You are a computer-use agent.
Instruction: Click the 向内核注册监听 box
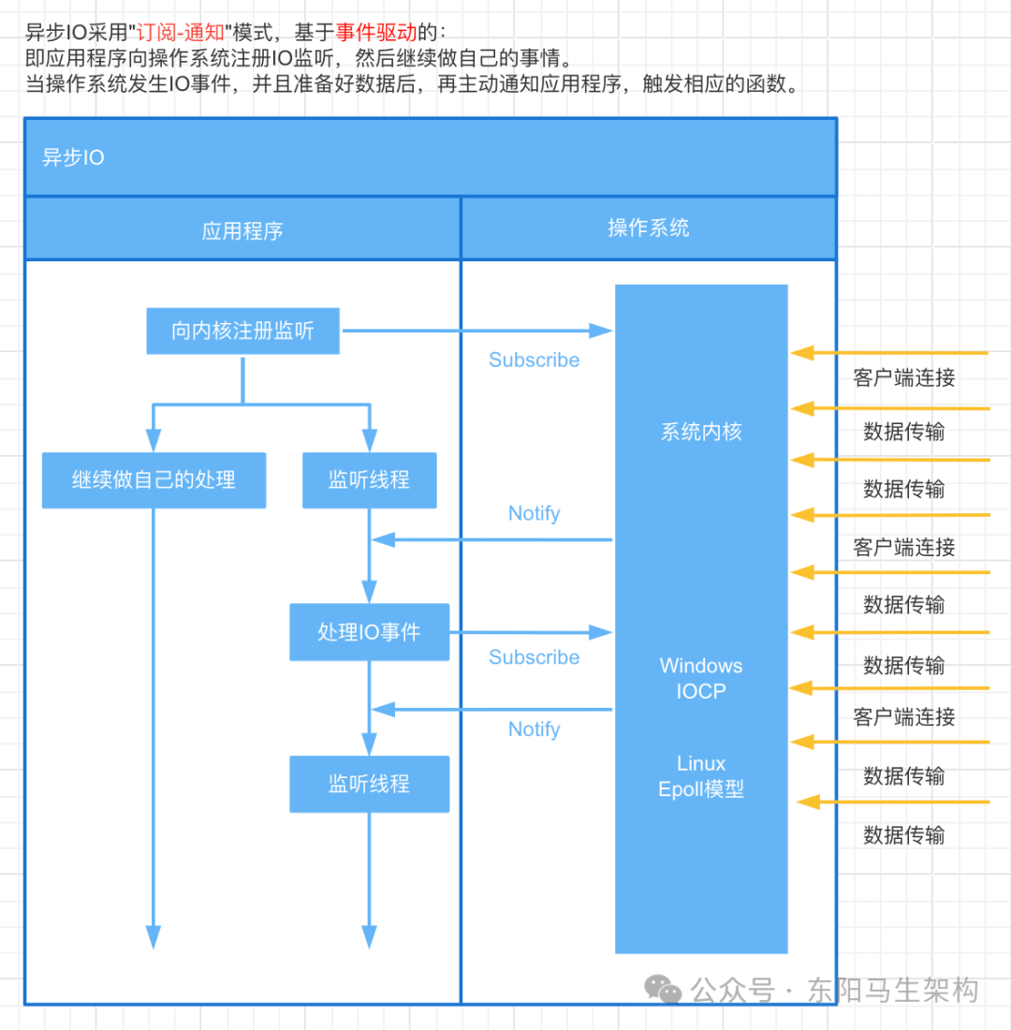click(x=242, y=331)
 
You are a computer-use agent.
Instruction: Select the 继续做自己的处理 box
click(x=154, y=480)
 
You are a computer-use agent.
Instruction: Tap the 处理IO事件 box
click(x=369, y=632)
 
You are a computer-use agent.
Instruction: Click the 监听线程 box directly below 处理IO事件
click(x=369, y=784)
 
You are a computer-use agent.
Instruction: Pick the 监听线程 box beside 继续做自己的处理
click(x=369, y=480)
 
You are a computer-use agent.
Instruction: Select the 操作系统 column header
click(x=648, y=228)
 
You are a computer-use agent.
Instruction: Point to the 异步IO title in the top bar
click(x=74, y=157)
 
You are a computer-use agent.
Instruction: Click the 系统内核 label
click(x=701, y=432)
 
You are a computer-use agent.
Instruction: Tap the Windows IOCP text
click(x=701, y=679)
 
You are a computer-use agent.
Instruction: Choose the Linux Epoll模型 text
click(x=701, y=776)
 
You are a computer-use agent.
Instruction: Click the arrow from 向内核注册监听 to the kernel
click(x=477, y=330)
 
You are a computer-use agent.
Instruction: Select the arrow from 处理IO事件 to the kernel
click(x=530, y=632)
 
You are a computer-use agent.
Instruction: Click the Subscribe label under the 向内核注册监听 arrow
click(x=534, y=360)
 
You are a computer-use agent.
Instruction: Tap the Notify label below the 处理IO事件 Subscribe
click(x=534, y=729)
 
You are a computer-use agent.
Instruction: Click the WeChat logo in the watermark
click(x=666, y=990)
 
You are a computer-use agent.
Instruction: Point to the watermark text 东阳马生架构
click(x=893, y=990)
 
